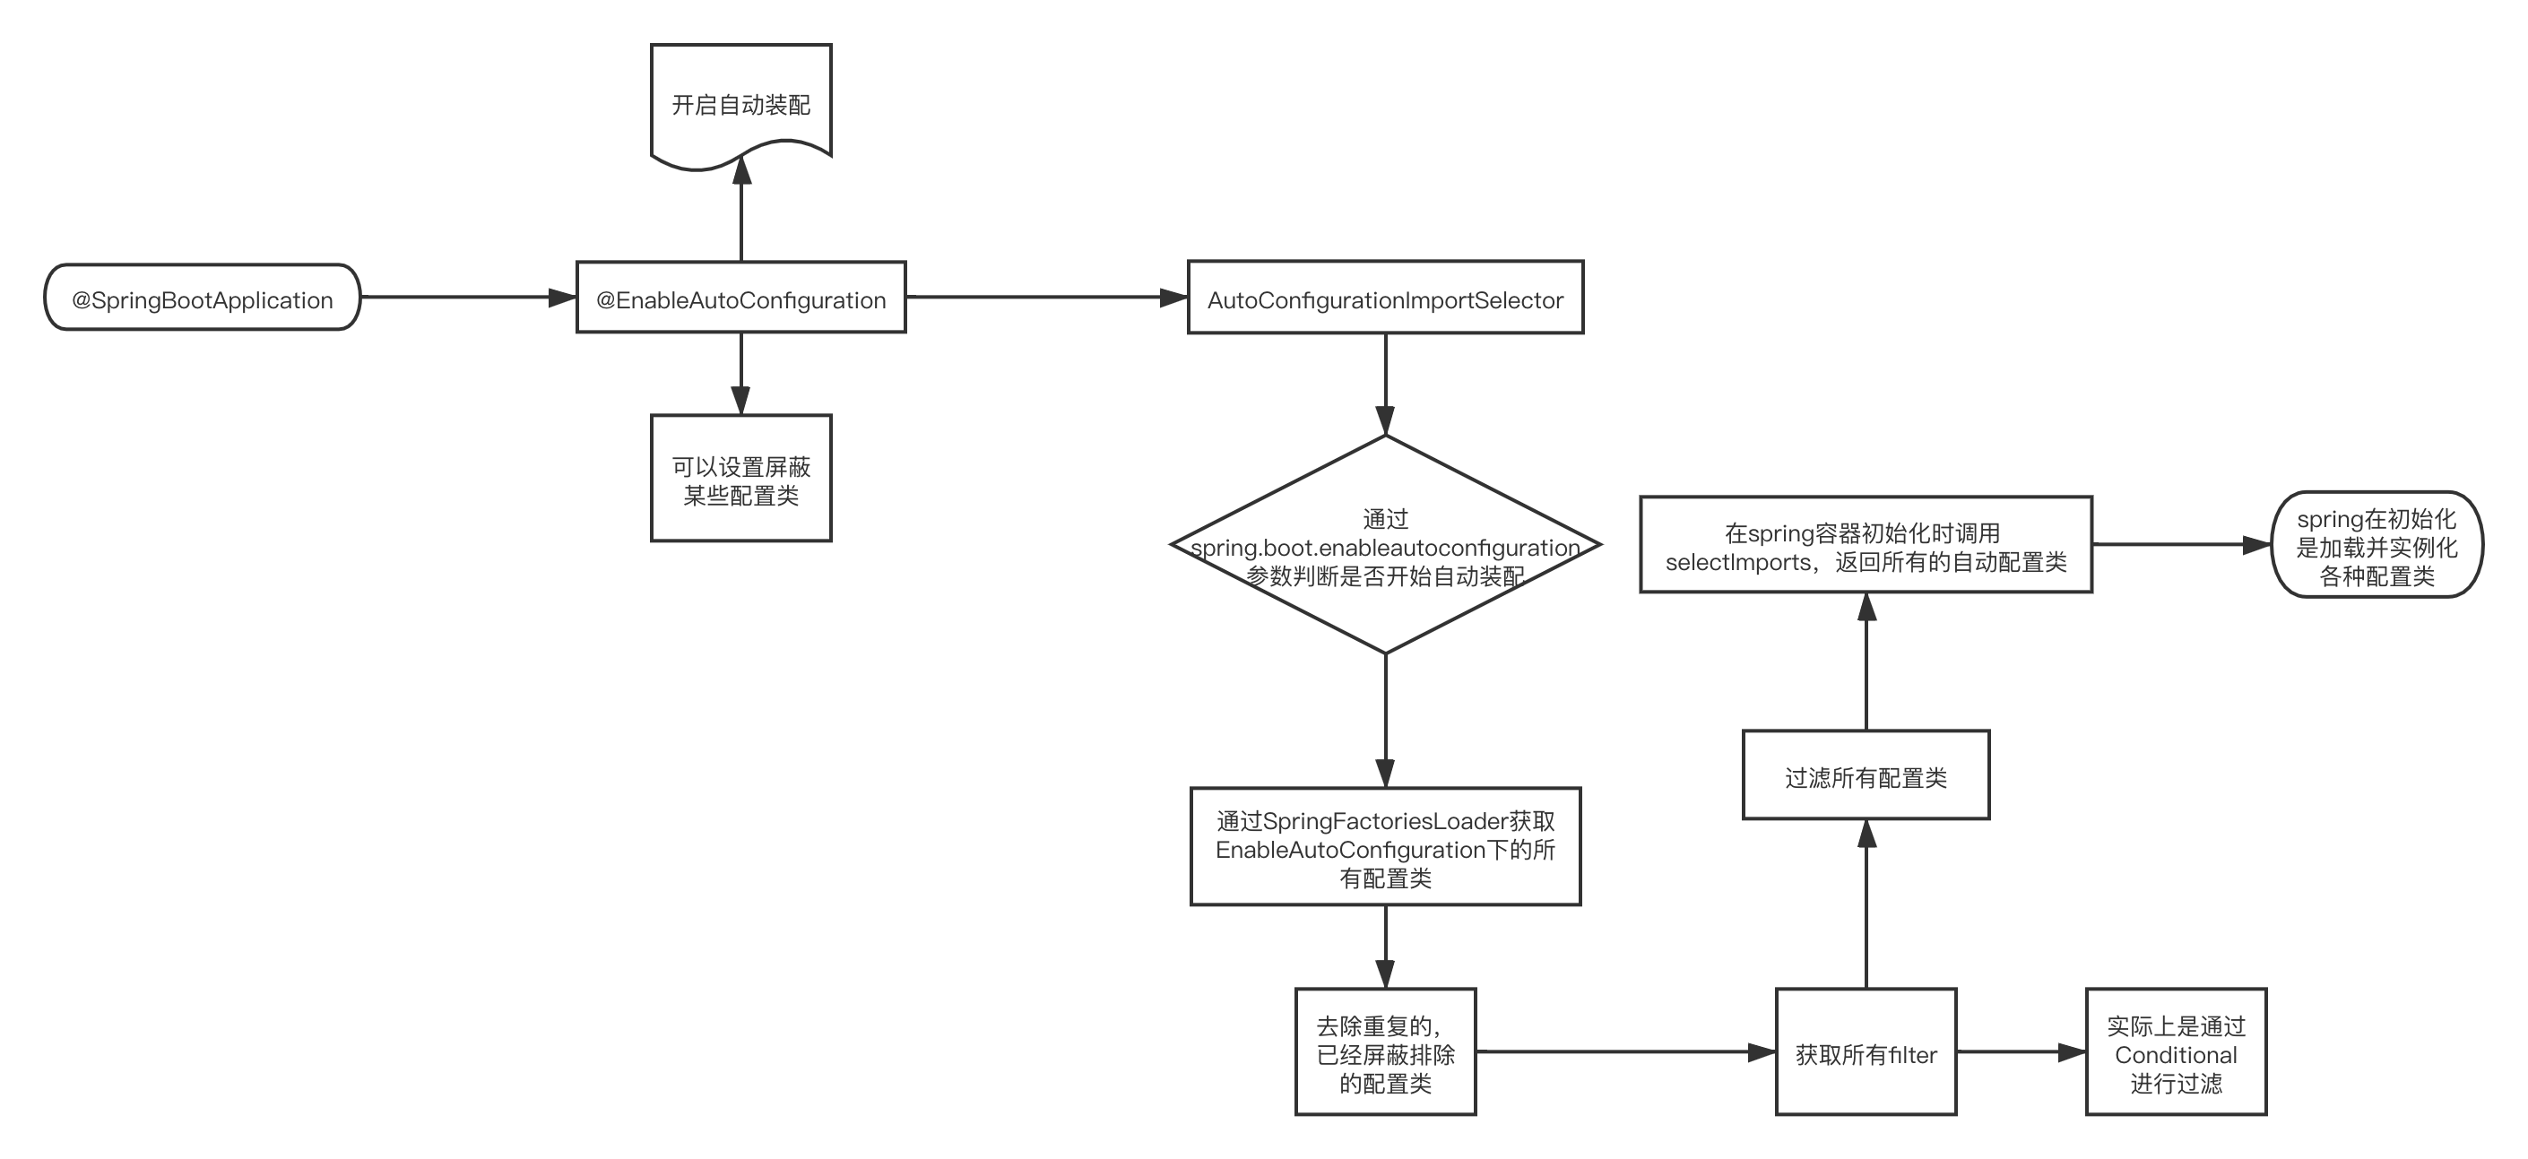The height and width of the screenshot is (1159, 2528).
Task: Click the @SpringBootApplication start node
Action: tap(203, 298)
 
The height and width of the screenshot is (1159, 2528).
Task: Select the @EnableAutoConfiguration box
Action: tap(741, 298)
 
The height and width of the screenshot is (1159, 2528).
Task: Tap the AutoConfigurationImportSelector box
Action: tap(1385, 298)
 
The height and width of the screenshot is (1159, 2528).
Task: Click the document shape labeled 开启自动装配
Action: tap(741, 104)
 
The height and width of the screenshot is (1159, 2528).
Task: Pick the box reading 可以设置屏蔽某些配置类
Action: tap(741, 479)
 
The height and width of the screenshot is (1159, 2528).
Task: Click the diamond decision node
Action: tap(1385, 546)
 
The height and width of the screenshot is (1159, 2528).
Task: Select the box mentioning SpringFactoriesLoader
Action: tap(1385, 847)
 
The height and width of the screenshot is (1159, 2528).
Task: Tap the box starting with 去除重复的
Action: tap(1385, 1052)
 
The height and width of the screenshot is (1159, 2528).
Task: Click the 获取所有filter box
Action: tap(1866, 1052)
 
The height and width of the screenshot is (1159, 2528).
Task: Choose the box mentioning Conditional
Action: tap(2176, 1052)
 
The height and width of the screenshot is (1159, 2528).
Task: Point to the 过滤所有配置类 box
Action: tap(1866, 775)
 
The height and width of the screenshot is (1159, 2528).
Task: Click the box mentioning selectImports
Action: tap(1866, 546)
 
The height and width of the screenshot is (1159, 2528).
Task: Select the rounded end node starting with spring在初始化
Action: tap(2376, 546)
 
